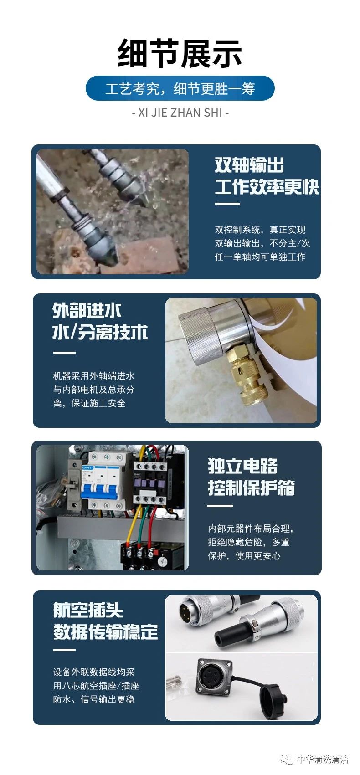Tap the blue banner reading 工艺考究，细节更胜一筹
point(180,88)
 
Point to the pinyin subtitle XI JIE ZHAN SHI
point(180,113)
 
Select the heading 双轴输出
point(249,164)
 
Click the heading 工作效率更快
point(267,187)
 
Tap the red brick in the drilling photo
point(154,254)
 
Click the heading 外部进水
point(87,310)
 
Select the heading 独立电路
point(242,466)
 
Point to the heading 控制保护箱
point(251,488)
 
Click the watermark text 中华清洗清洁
point(322,759)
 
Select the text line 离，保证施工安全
point(89,403)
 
